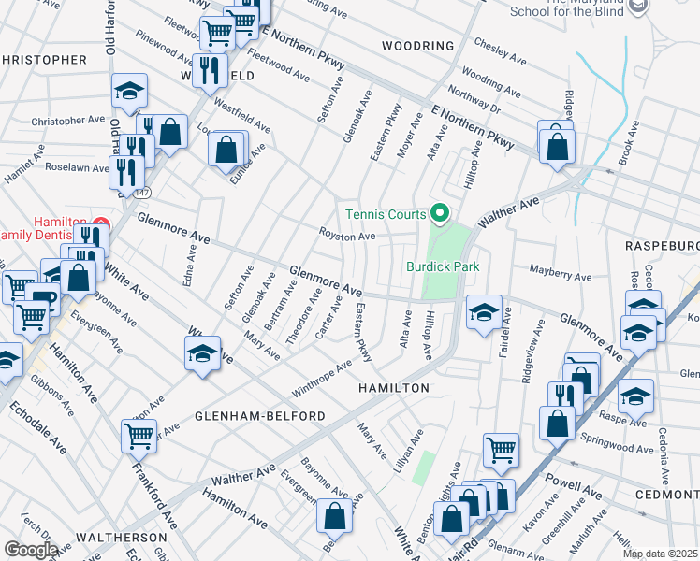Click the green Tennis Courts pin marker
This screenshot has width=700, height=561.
(x=436, y=214)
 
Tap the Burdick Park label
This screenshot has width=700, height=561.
(x=442, y=266)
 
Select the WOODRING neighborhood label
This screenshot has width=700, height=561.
(x=417, y=46)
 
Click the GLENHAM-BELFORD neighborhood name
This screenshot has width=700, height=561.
(x=260, y=415)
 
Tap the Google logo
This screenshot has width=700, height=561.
(x=30, y=549)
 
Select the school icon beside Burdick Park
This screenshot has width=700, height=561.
(x=483, y=312)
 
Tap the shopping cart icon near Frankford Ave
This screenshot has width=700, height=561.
(x=139, y=435)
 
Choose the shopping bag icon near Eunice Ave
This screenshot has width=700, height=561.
(x=226, y=148)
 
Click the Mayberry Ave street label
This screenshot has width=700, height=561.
(x=561, y=278)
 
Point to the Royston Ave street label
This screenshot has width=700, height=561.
(x=347, y=237)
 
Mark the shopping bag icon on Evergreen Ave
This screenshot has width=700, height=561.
(x=334, y=515)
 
